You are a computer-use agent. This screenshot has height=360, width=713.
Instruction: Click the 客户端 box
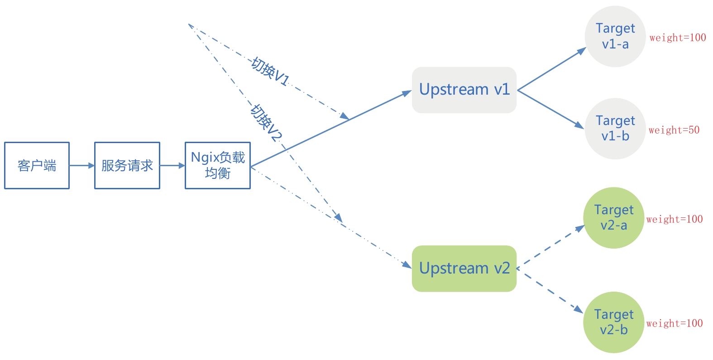37,165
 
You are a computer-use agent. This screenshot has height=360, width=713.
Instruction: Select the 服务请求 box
127,165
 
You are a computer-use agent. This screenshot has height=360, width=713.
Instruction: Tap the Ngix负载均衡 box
218,165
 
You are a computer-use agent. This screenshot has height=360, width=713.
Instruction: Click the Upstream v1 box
464,90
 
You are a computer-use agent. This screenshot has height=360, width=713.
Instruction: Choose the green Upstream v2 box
464,268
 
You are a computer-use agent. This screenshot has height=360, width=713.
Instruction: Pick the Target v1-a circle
615,37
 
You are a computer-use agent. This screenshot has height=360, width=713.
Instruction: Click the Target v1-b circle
615,129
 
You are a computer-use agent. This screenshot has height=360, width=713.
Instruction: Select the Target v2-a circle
614,218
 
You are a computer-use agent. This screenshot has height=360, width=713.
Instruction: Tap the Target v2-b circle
614,322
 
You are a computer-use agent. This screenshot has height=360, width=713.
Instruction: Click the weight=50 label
674,130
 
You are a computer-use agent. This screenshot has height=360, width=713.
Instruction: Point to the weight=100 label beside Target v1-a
678,38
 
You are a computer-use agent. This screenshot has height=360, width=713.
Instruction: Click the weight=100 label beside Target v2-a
675,220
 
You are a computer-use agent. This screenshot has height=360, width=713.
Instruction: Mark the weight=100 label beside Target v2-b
675,323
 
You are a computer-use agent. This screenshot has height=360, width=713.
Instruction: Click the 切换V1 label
270,72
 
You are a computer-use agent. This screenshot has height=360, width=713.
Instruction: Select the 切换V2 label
267,123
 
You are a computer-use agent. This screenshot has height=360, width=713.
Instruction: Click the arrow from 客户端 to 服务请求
82,166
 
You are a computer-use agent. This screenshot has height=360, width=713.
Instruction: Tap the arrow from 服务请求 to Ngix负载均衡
172,166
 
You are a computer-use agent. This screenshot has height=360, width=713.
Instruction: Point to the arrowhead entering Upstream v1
406,93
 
